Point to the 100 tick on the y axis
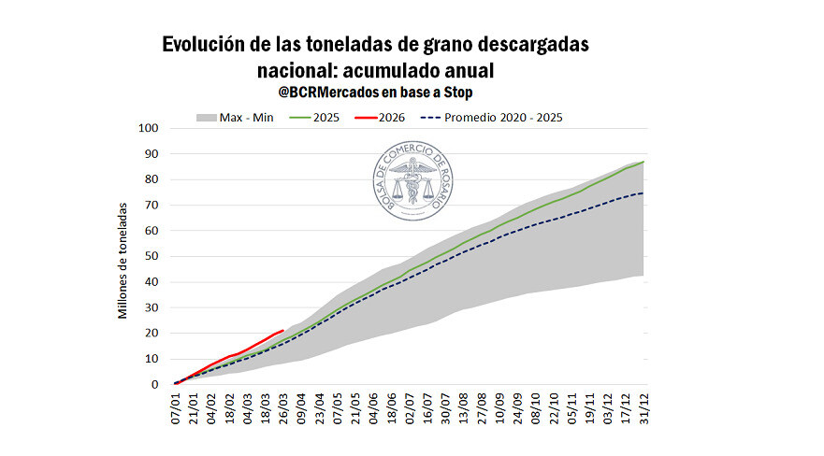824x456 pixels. coord(148,128)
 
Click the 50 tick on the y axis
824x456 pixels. coord(151,256)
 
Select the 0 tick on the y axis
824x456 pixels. coord(154,384)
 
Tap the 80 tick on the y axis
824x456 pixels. coord(151,179)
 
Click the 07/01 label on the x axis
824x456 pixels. coord(177,408)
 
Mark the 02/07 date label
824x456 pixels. coord(409,408)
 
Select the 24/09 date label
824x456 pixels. coord(516,408)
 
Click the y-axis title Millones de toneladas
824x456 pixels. coord(123,257)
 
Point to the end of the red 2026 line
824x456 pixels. coord(283,330)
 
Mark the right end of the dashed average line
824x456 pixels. coord(643,192)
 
